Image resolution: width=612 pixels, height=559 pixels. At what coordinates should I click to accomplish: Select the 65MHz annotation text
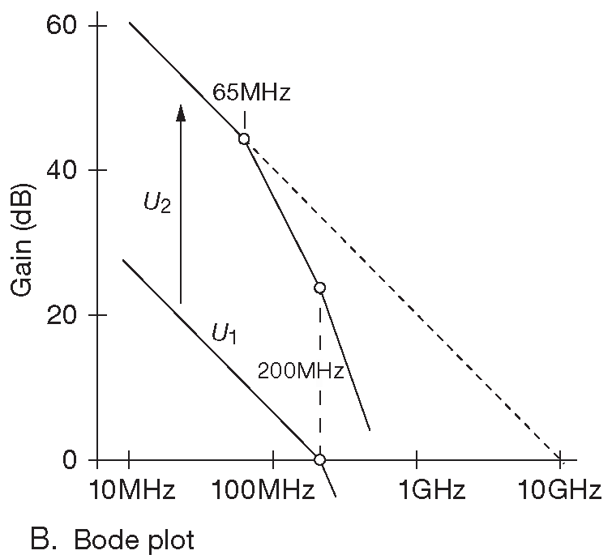pyautogui.click(x=250, y=92)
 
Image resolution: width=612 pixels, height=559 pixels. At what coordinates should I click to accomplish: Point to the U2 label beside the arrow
pyautogui.click(x=157, y=203)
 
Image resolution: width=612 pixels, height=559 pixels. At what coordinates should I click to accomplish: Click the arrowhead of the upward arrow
pyautogui.click(x=181, y=112)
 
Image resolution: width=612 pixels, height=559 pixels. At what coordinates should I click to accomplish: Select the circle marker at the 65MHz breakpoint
pyautogui.click(x=243, y=139)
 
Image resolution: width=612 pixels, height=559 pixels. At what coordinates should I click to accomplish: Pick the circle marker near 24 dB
pyautogui.click(x=319, y=288)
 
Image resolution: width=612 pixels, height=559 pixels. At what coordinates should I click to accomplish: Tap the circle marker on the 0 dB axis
pyautogui.click(x=319, y=459)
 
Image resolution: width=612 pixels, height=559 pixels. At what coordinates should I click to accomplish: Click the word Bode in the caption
pyautogui.click(x=106, y=539)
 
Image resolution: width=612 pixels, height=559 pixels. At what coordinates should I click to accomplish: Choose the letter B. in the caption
pyautogui.click(x=41, y=539)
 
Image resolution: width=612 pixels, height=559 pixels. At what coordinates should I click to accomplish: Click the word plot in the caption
pyautogui.click(x=169, y=540)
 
